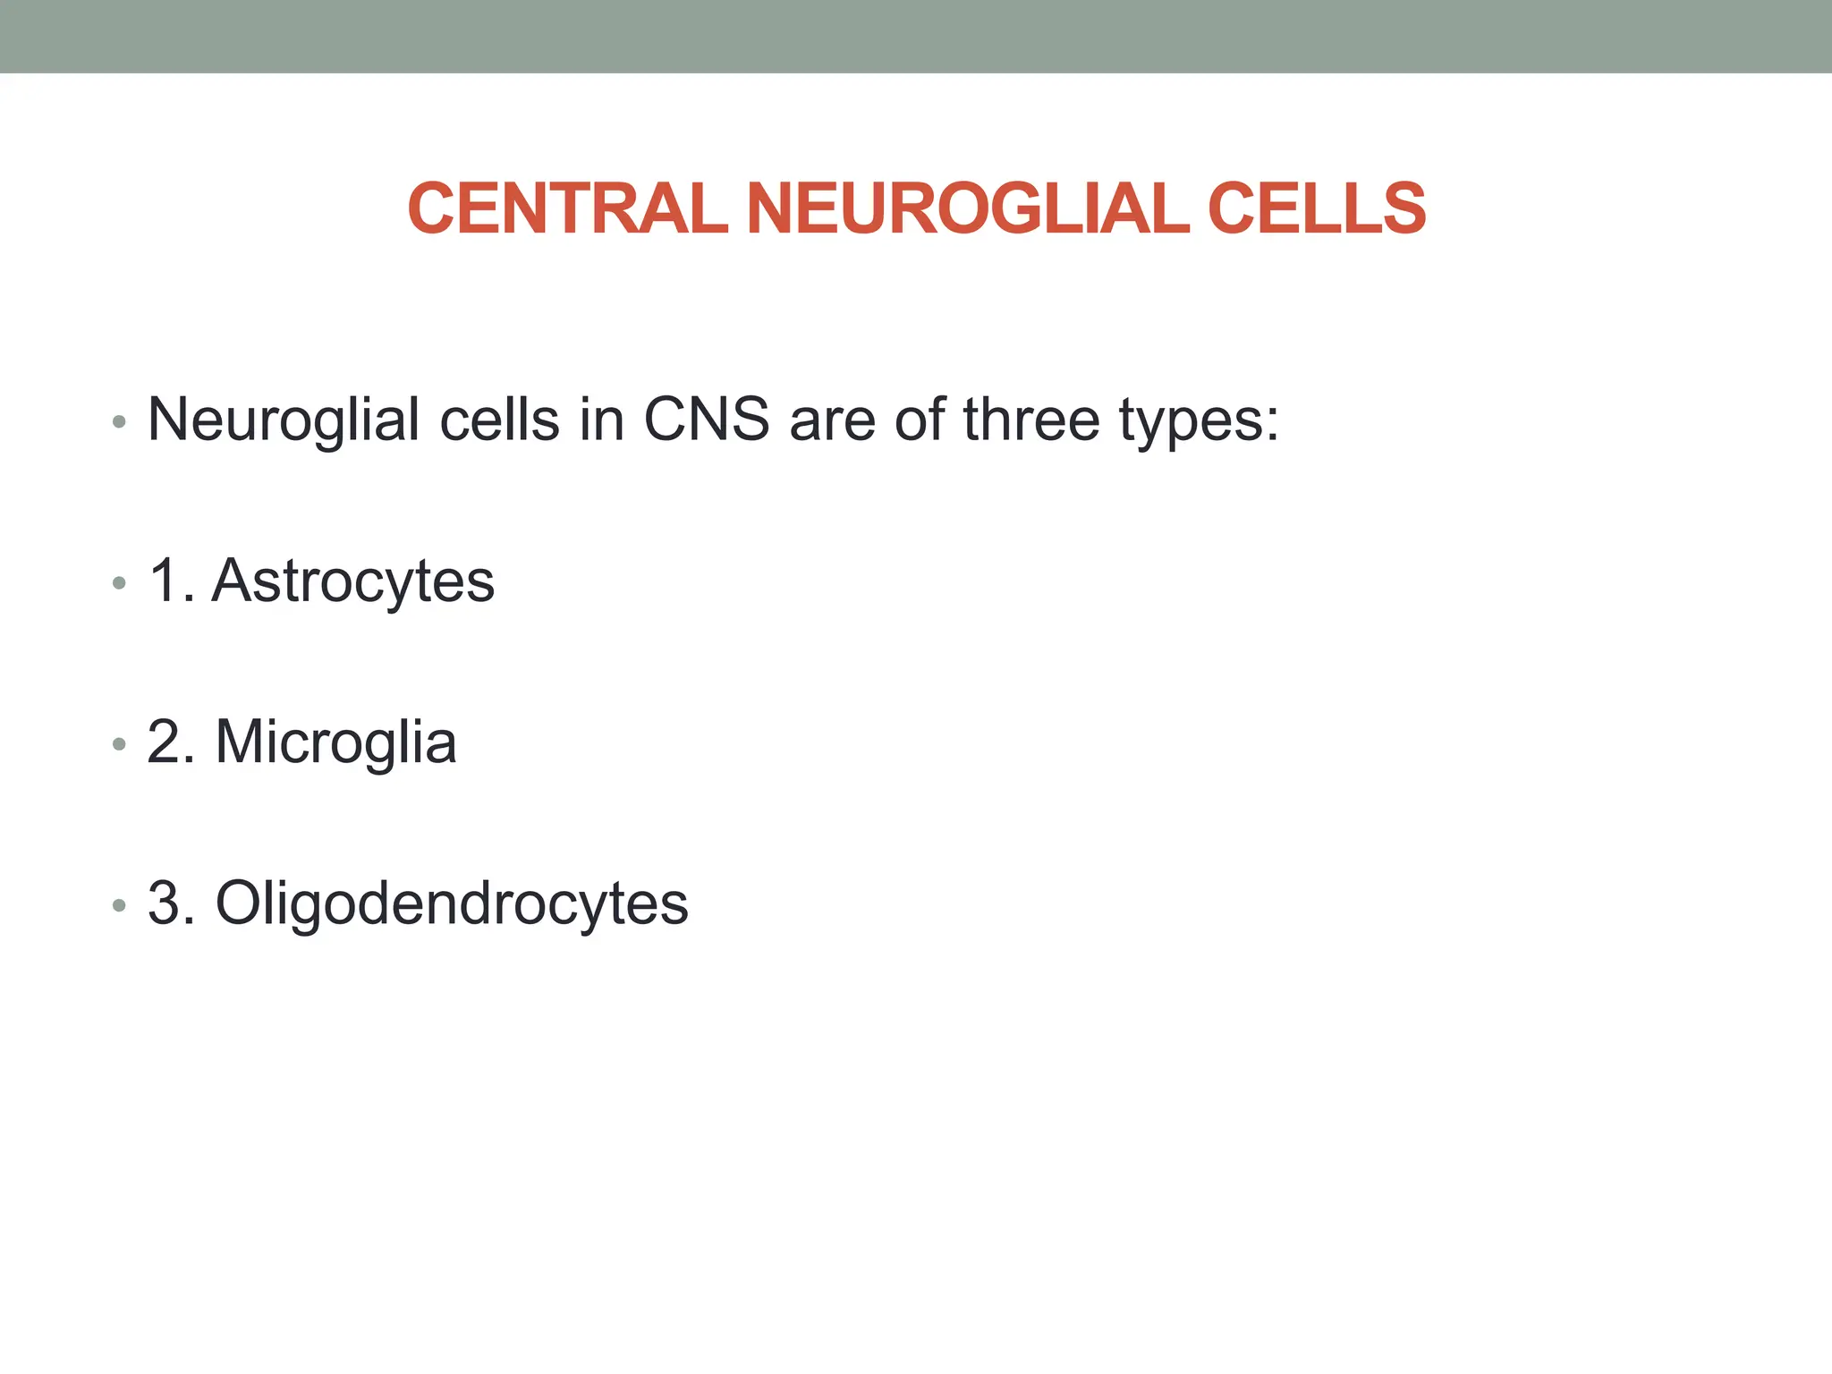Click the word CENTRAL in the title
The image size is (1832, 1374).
[567, 208]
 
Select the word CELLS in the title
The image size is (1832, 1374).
[1316, 208]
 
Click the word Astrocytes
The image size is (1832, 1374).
[352, 581]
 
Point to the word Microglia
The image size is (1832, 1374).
[335, 742]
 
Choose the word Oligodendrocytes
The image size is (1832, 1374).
[452, 903]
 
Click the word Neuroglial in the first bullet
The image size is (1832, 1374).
[284, 420]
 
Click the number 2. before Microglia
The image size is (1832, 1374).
[172, 742]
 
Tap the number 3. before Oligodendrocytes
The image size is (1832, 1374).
[172, 903]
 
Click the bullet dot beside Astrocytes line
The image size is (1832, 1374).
[119, 584]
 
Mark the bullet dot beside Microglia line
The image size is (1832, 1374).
[119, 744]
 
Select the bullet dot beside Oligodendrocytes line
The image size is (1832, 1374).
[119, 906]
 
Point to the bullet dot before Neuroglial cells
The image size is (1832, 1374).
[119, 422]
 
